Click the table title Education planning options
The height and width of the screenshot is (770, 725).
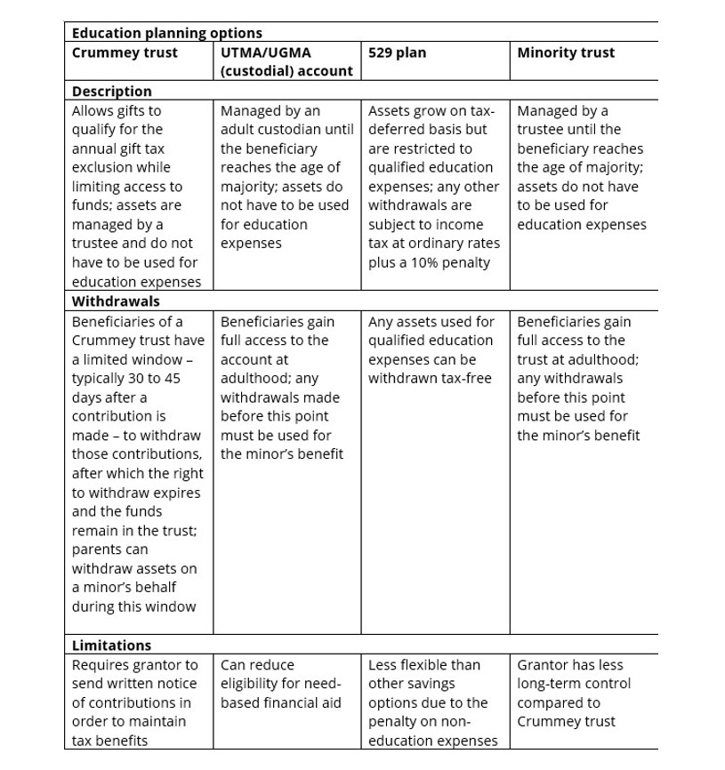[x=166, y=33]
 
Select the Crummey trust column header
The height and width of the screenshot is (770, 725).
[x=125, y=52]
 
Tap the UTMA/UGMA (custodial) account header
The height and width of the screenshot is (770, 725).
[x=286, y=61]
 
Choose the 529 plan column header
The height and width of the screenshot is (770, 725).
[x=397, y=52]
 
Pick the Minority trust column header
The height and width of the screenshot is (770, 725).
[x=566, y=52]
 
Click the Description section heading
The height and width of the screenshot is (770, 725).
[x=111, y=91]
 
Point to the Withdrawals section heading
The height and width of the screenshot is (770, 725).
[x=116, y=301]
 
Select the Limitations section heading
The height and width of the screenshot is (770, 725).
[x=111, y=645]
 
